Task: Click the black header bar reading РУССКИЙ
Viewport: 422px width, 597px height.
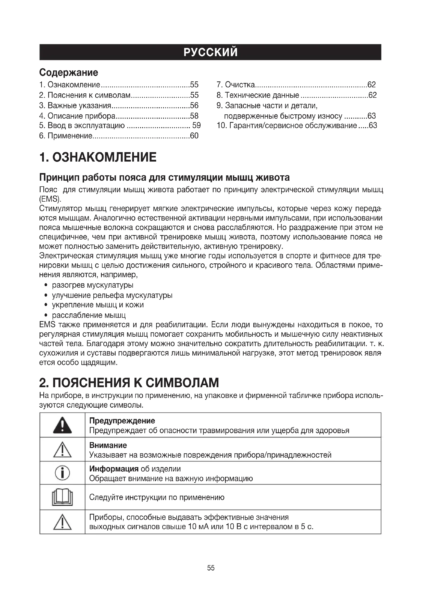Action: tap(210, 52)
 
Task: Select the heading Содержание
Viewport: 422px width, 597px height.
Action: tap(69, 72)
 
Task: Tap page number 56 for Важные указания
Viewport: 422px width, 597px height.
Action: tap(194, 105)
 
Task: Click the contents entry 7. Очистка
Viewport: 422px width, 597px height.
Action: tap(236, 85)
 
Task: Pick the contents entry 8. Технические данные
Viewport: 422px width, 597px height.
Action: tap(258, 95)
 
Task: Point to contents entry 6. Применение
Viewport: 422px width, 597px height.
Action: tap(66, 136)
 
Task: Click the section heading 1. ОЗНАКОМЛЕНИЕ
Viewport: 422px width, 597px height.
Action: tap(98, 157)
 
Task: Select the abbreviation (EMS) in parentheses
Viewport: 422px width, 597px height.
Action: tap(50, 199)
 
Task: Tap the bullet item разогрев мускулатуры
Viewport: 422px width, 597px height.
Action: tap(93, 285)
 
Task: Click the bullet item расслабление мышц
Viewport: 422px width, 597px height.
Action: tap(89, 315)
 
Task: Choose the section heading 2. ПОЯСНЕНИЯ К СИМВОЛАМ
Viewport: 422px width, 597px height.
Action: tap(129, 383)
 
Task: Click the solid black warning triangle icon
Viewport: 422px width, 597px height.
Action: tap(62, 425)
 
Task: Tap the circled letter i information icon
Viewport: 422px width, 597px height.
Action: tap(62, 473)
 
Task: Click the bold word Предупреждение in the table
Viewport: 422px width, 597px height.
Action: tap(122, 421)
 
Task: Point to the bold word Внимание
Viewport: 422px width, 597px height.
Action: tap(108, 445)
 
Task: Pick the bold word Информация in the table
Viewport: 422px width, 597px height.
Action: tap(114, 469)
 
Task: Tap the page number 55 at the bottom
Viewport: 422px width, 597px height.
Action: tap(211, 568)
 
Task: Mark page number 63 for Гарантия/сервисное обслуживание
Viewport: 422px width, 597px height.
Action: tap(373, 126)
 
